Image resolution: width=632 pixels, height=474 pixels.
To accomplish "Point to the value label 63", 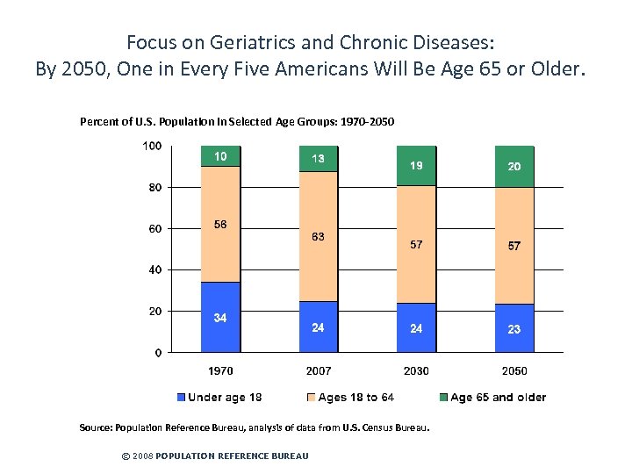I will tap(318, 236).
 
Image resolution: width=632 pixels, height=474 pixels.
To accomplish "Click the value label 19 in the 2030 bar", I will tap(416, 165).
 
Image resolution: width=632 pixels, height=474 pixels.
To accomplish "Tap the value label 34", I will tap(220, 318).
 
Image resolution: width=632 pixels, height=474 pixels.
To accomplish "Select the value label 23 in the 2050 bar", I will tap(513, 328).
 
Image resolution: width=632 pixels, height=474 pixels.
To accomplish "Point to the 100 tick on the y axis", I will tap(152, 146).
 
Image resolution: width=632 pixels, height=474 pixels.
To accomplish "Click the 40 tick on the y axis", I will tap(154, 269).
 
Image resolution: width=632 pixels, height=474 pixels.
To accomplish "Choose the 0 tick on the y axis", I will tap(158, 353).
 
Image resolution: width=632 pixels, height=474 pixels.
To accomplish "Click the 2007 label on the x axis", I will tap(319, 371).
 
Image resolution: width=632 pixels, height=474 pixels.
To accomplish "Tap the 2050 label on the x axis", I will tap(514, 371).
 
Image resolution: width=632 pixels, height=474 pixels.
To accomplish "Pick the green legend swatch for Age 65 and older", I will tap(443, 398).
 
